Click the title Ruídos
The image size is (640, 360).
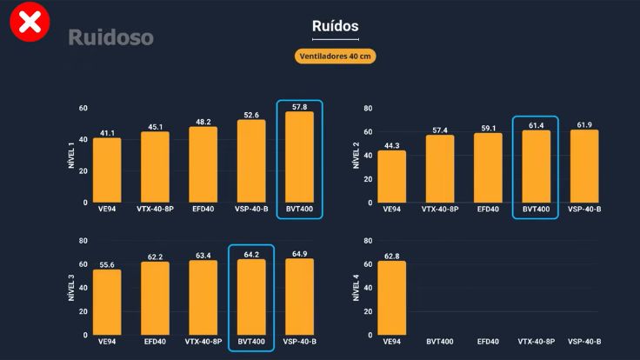[335, 26]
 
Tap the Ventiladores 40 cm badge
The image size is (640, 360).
[335, 57]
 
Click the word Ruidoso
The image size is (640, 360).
[110, 37]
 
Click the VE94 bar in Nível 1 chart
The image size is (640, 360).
[107, 170]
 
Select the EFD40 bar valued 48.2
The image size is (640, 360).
[203, 165]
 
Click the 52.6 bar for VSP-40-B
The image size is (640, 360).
[251, 162]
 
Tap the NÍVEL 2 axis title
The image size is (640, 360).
[357, 156]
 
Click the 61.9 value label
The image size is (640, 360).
[583, 124]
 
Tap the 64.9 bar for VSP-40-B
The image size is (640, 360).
[299, 297]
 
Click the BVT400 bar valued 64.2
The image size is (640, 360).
[251, 297]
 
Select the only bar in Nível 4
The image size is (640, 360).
[391, 298]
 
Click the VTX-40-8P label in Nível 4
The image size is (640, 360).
[536, 342]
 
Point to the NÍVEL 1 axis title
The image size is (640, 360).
[72, 156]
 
